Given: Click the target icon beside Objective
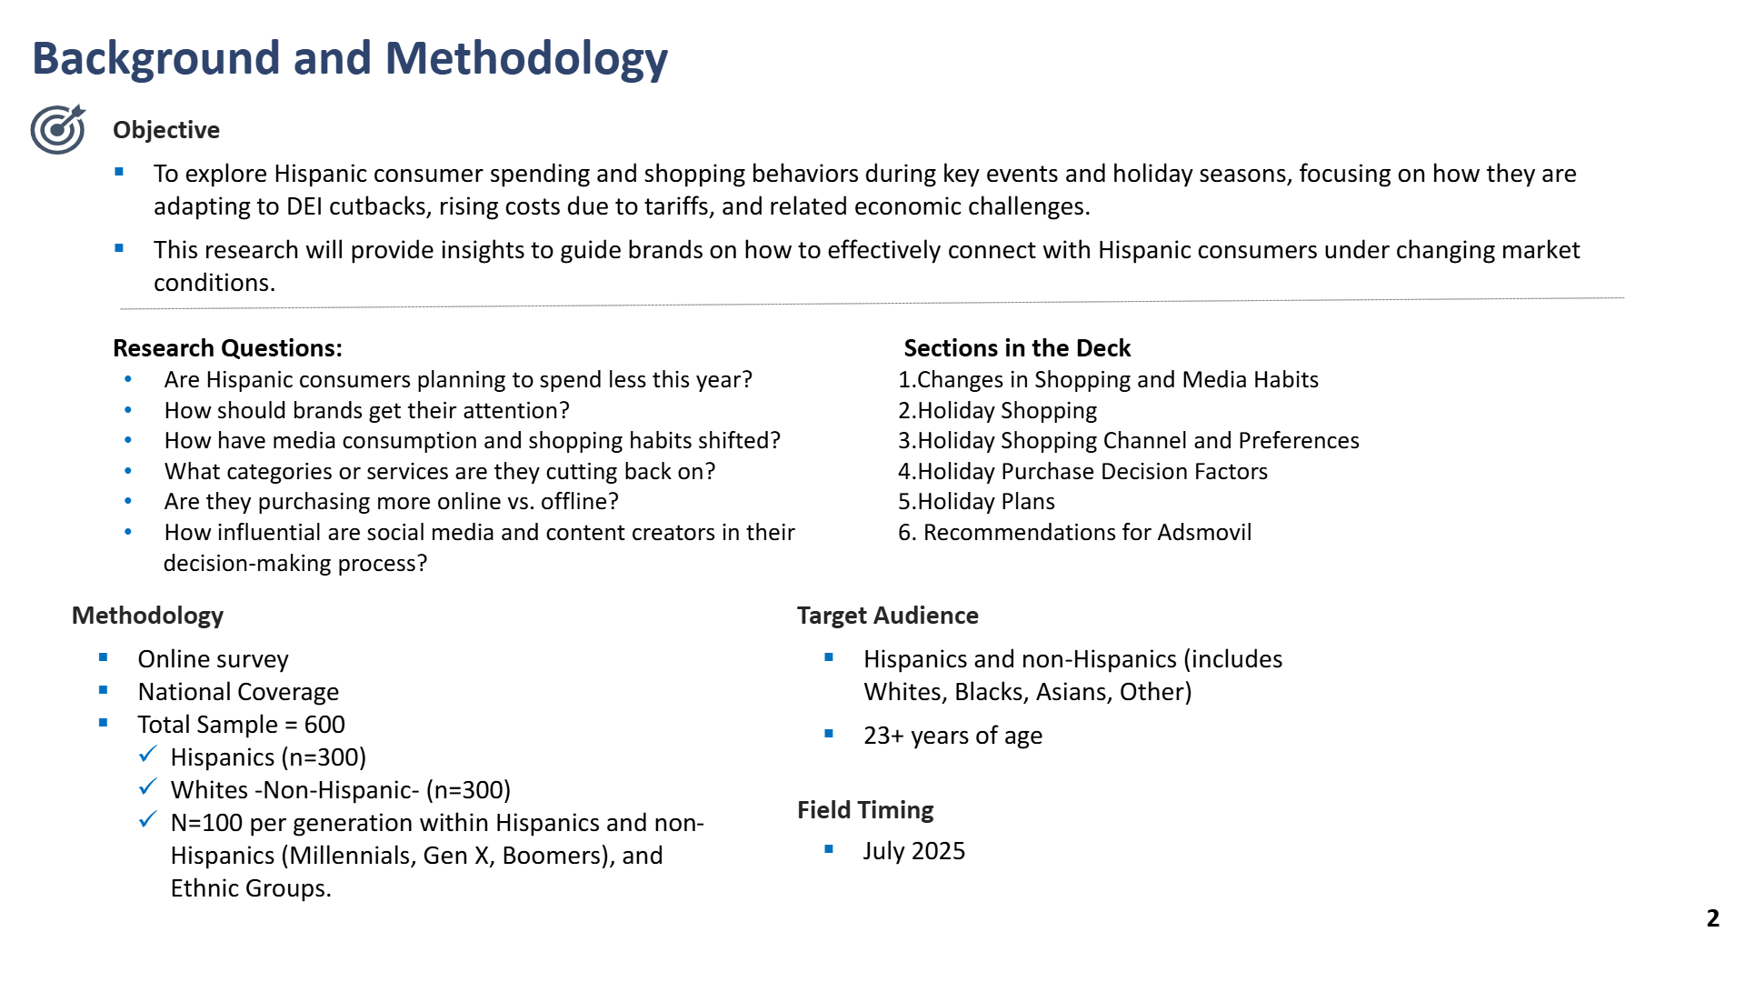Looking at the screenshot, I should click(x=58, y=129).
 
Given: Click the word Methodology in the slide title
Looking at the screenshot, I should click(x=526, y=58).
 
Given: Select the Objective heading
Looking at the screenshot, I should click(x=166, y=130).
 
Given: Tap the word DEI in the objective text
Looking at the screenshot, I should click(x=304, y=206).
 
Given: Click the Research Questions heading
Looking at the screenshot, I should click(x=227, y=348).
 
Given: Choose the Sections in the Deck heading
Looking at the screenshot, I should click(x=1017, y=348).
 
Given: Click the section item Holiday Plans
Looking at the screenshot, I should click(x=986, y=502).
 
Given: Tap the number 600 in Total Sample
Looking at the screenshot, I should click(x=324, y=725).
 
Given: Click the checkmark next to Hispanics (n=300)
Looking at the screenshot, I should click(x=148, y=756).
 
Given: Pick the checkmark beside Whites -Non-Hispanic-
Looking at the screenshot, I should click(x=148, y=787).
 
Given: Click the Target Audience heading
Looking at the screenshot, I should click(x=888, y=616).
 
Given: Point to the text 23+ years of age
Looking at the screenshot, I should click(x=952, y=736).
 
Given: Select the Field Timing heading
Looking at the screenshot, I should click(x=865, y=810).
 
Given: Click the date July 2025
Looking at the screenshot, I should click(x=914, y=851).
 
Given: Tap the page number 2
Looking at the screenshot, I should click(x=1713, y=918).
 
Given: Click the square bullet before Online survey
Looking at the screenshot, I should click(x=104, y=657).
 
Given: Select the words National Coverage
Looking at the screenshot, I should click(x=238, y=692).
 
